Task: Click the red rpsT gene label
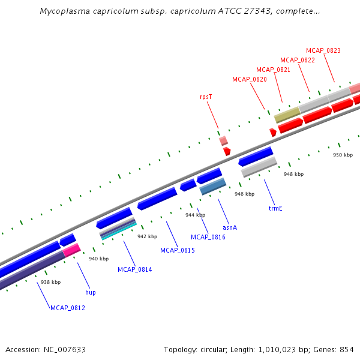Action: pyautogui.click(x=206, y=96)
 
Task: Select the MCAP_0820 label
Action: pyautogui.click(x=249, y=79)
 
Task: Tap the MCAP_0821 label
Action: pyautogui.click(x=273, y=70)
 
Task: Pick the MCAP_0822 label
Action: pyautogui.click(x=298, y=60)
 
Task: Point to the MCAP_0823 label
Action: pyautogui.click(x=323, y=50)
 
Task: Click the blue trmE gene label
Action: pyautogui.click(x=275, y=209)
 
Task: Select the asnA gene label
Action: pyautogui.click(x=230, y=227)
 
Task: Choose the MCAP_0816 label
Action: pyautogui.click(x=208, y=237)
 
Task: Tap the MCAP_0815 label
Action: pyautogui.click(x=178, y=250)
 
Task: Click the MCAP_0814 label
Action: pyautogui.click(x=135, y=269)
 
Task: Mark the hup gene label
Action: pyautogui.click(x=90, y=292)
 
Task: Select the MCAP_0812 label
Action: pyautogui.click(x=68, y=308)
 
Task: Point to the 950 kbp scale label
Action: pyautogui.click(x=343, y=155)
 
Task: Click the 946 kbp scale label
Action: pyautogui.click(x=244, y=194)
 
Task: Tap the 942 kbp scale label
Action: pyautogui.click(x=147, y=236)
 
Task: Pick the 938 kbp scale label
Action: pyautogui.click(x=50, y=282)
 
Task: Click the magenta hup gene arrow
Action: pyautogui.click(x=72, y=250)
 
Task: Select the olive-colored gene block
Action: pyautogui.click(x=287, y=115)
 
